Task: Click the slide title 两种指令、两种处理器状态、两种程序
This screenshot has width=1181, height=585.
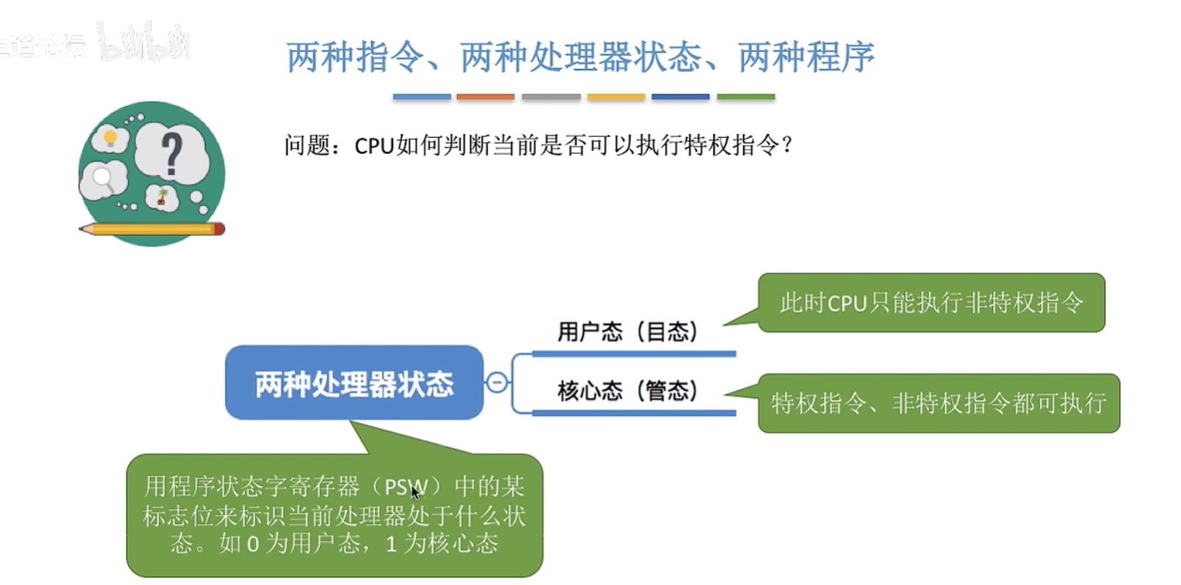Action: [579, 57]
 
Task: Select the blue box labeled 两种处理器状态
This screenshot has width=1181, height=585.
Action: [354, 383]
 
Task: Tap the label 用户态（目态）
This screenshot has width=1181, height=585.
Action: [626, 332]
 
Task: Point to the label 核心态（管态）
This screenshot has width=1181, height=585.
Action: [626, 391]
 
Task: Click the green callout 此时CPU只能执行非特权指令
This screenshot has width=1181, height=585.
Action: [931, 303]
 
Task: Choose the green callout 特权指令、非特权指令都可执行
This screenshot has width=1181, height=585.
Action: [938, 403]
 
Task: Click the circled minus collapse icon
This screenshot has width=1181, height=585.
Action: [497, 383]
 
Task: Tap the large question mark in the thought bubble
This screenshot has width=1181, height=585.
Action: [172, 152]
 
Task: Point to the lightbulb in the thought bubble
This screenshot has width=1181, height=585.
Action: [110, 138]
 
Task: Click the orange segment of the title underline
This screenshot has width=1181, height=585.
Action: [485, 97]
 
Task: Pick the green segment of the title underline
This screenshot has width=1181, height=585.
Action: [745, 97]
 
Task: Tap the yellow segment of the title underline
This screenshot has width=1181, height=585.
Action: [615, 97]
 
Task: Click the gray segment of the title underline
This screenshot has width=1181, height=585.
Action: [551, 97]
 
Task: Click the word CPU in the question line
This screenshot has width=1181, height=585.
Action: [374, 146]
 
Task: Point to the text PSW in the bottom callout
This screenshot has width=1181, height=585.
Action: [405, 487]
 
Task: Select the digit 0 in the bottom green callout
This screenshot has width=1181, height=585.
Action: [252, 544]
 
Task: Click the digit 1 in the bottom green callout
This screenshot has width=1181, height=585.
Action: [391, 544]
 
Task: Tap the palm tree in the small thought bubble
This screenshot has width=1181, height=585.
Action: [163, 196]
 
